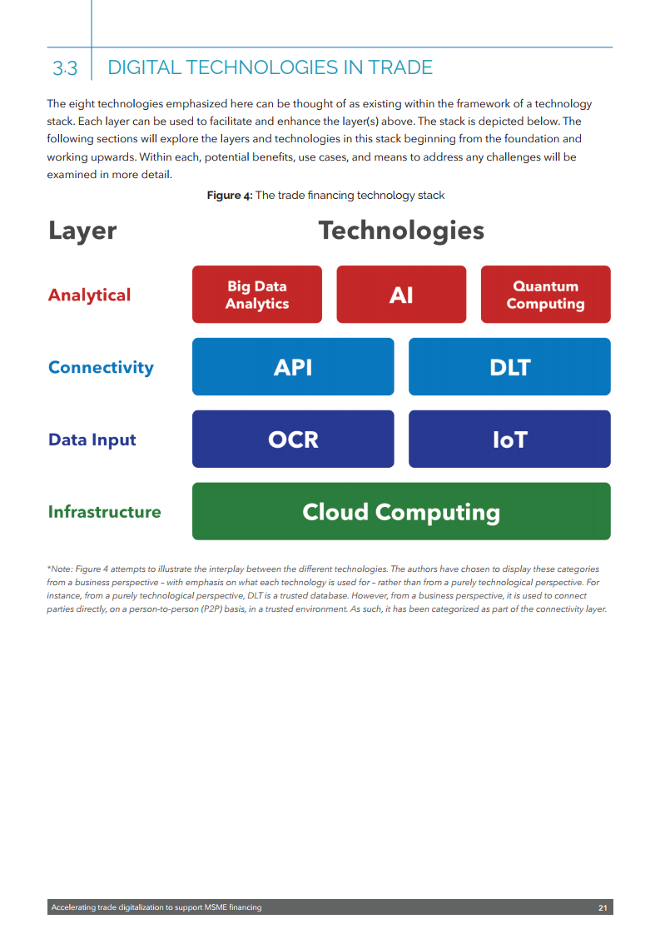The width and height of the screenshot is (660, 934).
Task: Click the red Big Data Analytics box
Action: click(256, 295)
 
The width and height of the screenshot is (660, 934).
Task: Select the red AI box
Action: click(401, 295)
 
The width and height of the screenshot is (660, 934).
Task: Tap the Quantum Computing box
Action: click(545, 295)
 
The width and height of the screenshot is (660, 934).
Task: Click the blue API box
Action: click(293, 366)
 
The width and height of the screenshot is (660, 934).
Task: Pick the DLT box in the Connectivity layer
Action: click(509, 366)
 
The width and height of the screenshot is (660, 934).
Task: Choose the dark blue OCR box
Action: click(293, 439)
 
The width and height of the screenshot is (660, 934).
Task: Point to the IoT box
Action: click(509, 439)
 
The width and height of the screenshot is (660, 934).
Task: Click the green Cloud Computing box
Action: click(401, 511)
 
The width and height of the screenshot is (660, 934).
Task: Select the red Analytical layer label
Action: click(89, 295)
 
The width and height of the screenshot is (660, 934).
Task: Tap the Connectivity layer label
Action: click(101, 367)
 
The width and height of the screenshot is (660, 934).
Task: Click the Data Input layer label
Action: click(92, 440)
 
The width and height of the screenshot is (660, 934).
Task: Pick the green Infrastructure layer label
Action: click(104, 511)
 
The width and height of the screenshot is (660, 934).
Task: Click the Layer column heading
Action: click(82, 231)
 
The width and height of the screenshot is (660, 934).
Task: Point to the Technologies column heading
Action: click(401, 231)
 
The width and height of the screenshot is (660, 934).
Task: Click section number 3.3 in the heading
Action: click(65, 68)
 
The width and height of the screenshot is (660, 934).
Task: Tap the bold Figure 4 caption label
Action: click(229, 196)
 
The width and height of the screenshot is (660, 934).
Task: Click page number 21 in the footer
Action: click(603, 907)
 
